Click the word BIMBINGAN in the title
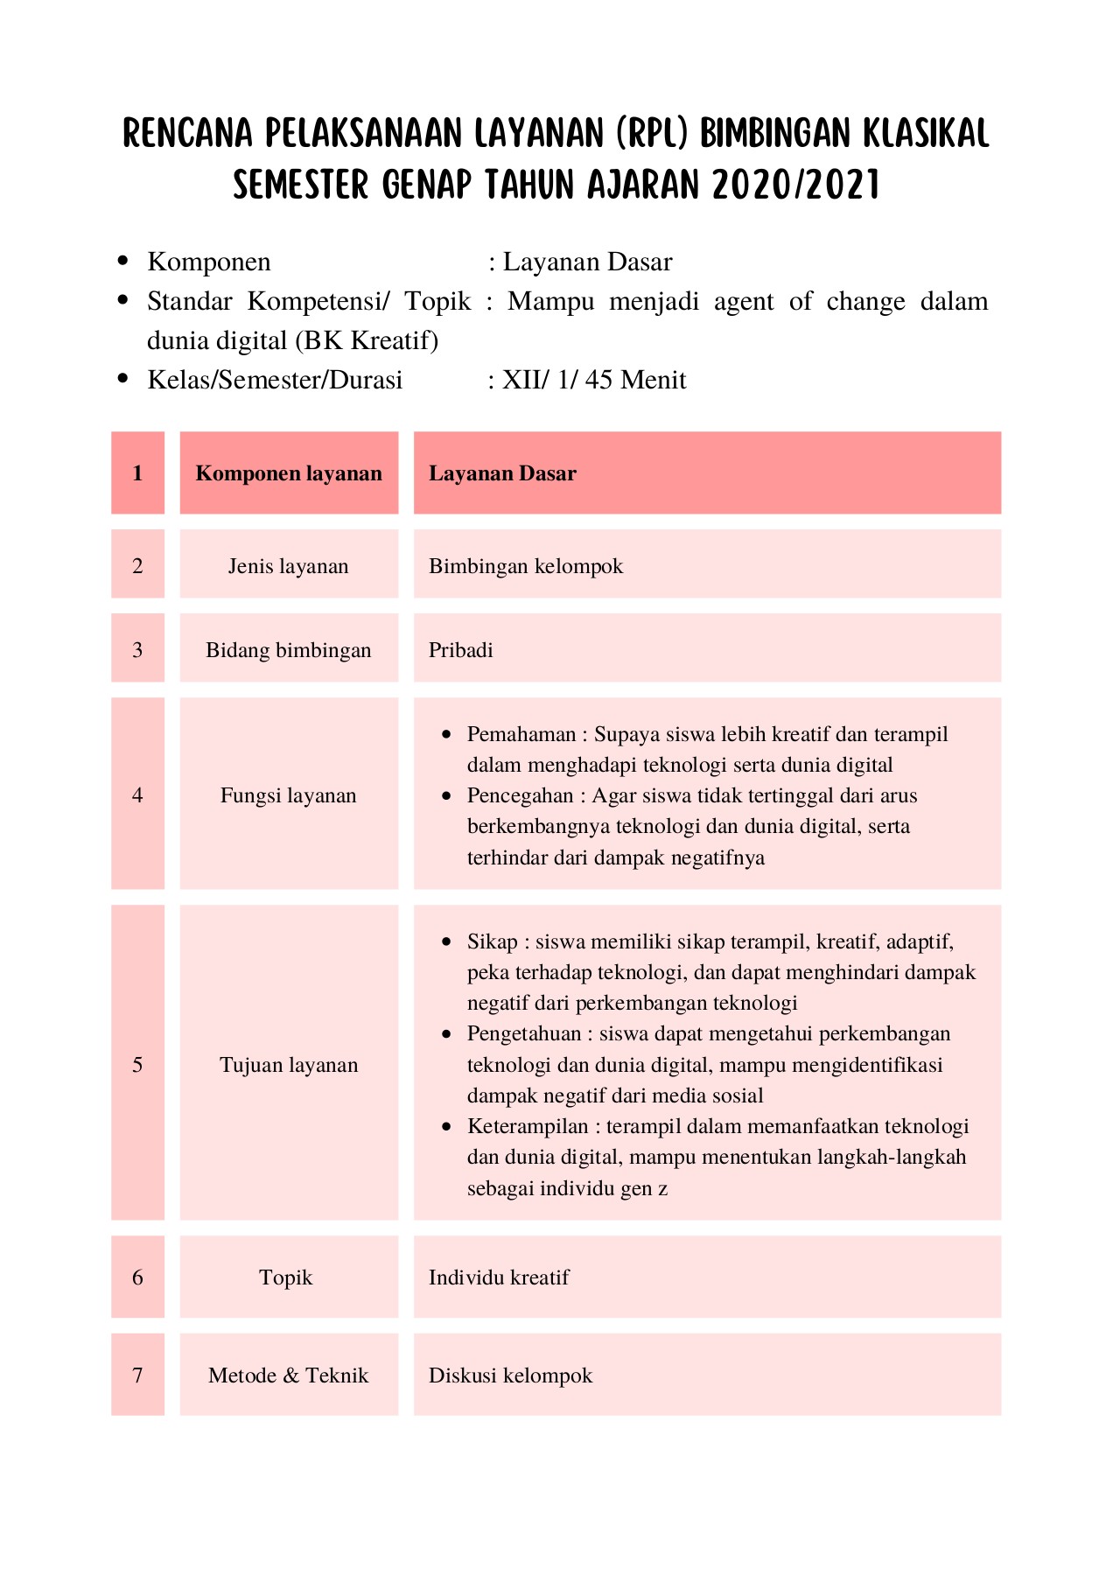pos(774,134)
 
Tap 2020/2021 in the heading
pos(795,185)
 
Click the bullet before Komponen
pos(122,261)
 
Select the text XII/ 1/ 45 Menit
pos(594,380)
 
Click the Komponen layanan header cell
pos(289,473)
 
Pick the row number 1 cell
pos(137,473)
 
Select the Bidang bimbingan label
pos(289,650)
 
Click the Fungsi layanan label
pos(289,795)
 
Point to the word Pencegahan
pos(520,795)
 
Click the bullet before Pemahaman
pos(447,734)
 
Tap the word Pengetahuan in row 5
pos(524,1033)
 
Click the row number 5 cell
pos(137,1065)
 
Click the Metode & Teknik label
pos(289,1375)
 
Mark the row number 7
pos(137,1375)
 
